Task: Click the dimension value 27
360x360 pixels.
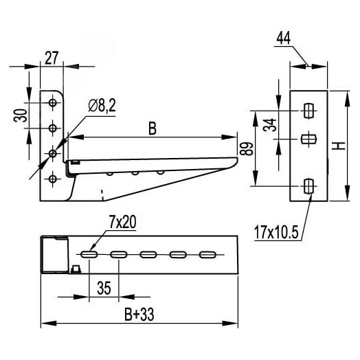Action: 52,58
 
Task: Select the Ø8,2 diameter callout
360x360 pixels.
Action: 102,106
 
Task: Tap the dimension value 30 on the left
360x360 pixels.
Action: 21,115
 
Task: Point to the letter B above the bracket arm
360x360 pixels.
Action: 153,128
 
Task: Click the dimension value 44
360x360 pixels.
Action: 283,38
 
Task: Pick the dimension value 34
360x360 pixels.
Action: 270,125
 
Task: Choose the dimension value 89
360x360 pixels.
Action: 247,149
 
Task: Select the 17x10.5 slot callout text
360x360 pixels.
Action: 276,232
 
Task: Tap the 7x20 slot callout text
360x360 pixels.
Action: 122,222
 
